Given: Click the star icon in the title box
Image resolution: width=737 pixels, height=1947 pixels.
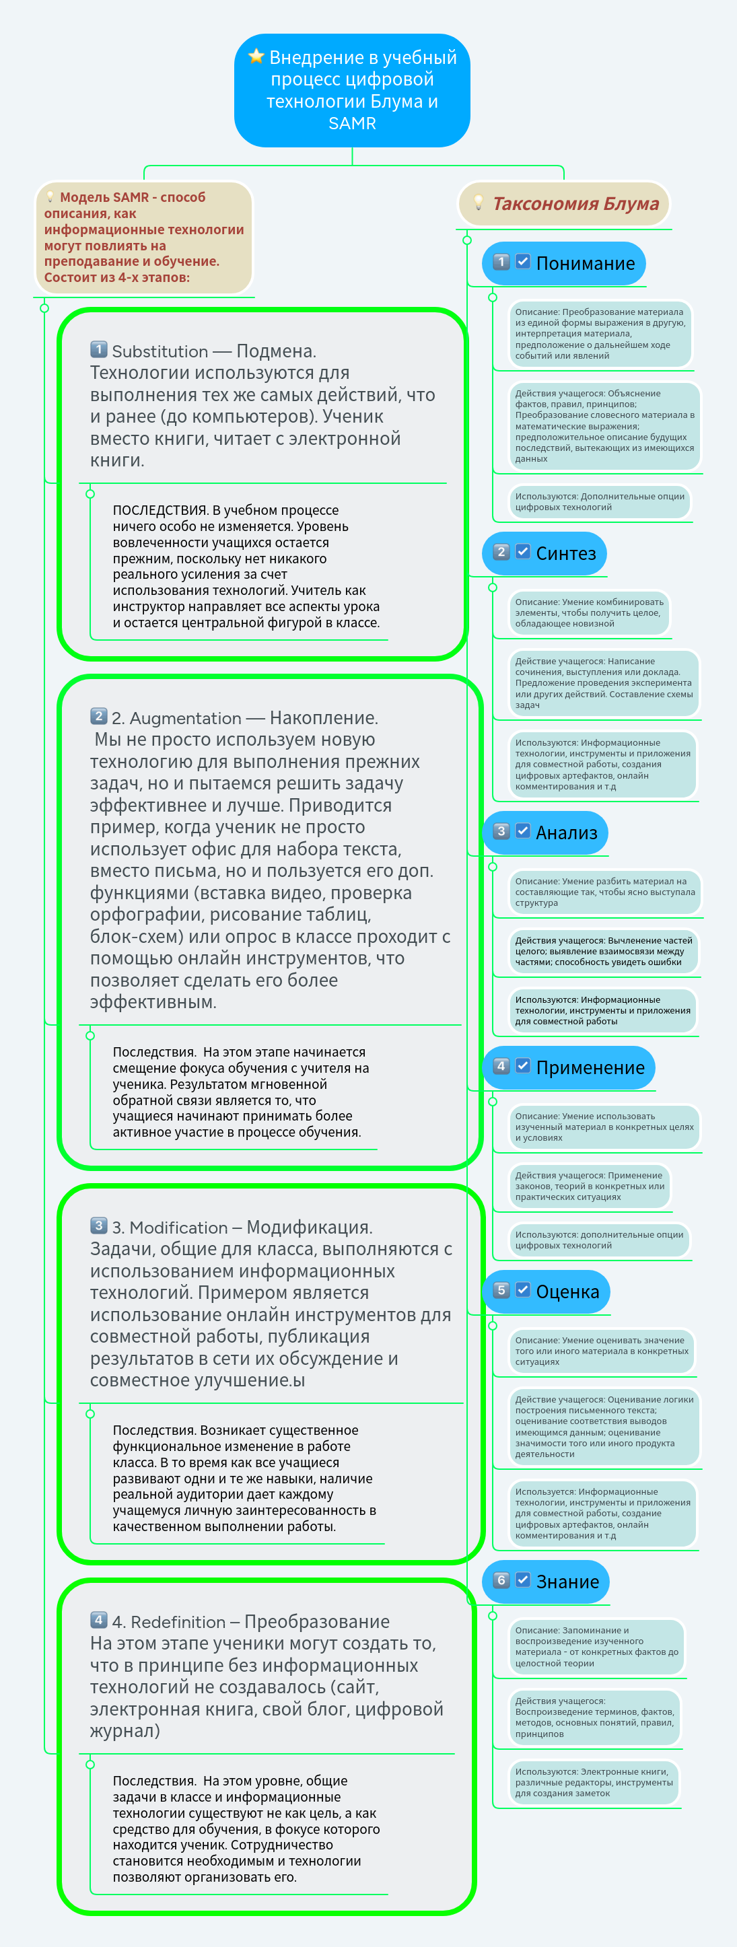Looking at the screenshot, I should (x=256, y=56).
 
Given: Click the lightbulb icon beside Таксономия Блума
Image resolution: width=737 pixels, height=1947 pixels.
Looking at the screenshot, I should (x=478, y=203).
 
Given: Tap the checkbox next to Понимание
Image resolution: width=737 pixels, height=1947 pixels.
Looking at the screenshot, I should (x=523, y=262).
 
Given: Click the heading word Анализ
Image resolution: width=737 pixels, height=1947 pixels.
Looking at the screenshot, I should (x=566, y=833).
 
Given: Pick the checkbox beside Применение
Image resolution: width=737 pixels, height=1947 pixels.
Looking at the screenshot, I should (x=523, y=1066).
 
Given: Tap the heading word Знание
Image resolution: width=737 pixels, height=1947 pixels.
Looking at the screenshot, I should (x=567, y=1582).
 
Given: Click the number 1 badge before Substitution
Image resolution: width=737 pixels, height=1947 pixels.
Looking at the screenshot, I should (x=99, y=349).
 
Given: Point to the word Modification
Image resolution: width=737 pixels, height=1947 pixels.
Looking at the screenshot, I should (x=178, y=1228).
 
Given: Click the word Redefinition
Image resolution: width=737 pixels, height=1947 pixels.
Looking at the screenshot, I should (x=178, y=1622).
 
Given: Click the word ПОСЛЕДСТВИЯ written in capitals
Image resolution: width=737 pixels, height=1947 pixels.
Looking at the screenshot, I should (x=160, y=511).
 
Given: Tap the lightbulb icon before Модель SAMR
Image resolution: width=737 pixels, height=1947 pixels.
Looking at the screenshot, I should (x=50, y=197).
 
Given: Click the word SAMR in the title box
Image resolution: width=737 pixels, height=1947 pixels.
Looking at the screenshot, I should (x=352, y=123).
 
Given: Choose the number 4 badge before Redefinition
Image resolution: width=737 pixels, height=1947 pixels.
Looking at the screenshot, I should (x=99, y=1620).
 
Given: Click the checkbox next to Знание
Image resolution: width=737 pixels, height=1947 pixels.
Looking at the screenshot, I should (x=523, y=1580).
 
